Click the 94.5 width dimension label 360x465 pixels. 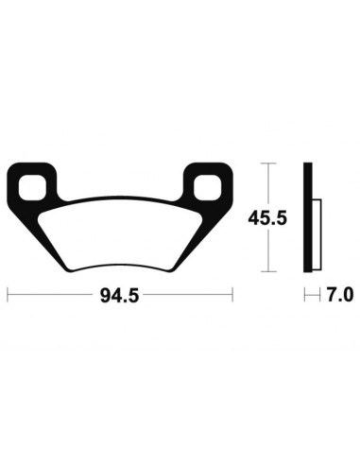point(120,296)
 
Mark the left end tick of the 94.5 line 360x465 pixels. point(9,296)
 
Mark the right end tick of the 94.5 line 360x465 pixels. point(232,296)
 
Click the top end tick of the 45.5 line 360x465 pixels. point(270,164)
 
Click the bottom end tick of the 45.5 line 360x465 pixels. point(270,270)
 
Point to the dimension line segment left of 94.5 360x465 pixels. point(52,296)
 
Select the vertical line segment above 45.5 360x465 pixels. point(270,184)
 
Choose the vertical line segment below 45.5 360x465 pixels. point(270,250)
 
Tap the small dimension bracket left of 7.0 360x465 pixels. point(311,296)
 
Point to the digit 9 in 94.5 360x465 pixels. point(103,296)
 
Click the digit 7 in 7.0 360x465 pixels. point(332,296)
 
